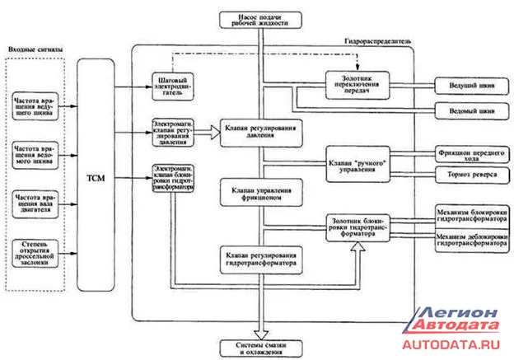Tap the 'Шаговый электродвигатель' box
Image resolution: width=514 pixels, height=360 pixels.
pos(174,86)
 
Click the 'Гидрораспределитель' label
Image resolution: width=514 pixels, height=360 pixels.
pos(376,40)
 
